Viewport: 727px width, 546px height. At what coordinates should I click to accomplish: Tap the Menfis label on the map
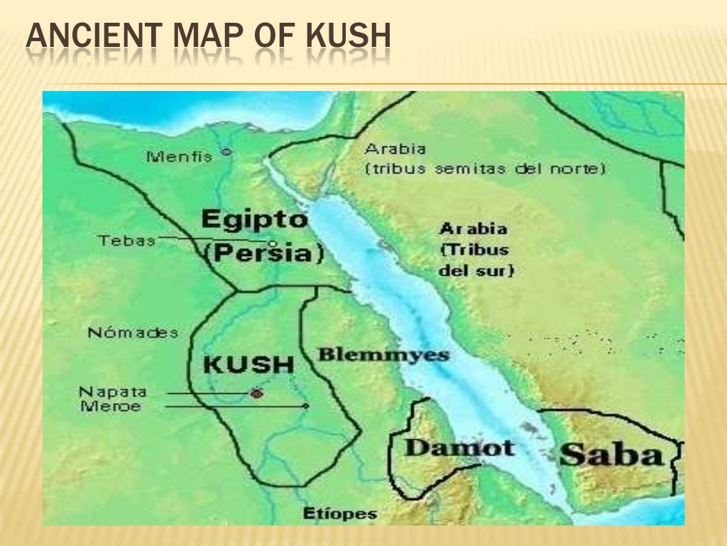tap(179, 156)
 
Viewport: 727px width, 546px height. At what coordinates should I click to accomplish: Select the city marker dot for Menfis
tap(226, 151)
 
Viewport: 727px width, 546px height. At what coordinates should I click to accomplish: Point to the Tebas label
tap(127, 240)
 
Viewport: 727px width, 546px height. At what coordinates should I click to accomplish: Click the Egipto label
tap(255, 219)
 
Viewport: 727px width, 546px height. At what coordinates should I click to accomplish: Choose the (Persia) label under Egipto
tap(263, 253)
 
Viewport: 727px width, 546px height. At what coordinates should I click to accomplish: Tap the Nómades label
tap(133, 333)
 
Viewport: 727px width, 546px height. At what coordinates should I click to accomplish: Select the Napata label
tap(112, 392)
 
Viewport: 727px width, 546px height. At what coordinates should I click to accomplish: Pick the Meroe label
tap(110, 407)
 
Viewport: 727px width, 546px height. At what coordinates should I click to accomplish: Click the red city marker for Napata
tap(256, 392)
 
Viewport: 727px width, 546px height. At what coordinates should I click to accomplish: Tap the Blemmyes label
tap(383, 355)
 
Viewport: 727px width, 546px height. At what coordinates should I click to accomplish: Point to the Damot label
tap(459, 447)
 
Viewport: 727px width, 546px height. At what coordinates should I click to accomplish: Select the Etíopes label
tap(340, 514)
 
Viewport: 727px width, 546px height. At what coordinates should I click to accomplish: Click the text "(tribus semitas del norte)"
tap(486, 169)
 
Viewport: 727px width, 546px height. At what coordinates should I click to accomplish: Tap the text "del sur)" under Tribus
tap(476, 271)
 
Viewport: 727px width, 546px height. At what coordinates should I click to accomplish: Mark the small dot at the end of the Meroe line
tap(306, 406)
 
